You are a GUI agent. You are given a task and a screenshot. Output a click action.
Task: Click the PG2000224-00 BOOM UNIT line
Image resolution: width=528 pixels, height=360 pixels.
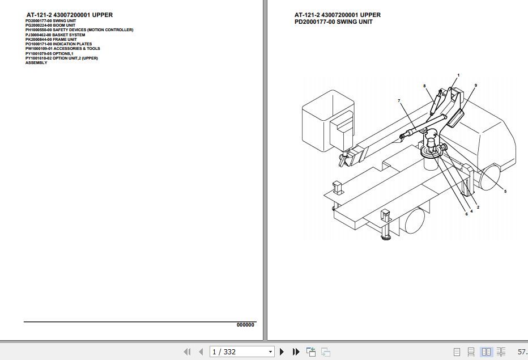pos(50,25)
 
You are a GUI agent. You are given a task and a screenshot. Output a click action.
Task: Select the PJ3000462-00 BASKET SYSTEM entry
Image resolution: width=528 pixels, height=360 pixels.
pos(55,35)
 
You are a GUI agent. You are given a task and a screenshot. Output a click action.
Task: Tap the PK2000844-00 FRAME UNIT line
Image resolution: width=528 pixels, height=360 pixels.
pos(50,39)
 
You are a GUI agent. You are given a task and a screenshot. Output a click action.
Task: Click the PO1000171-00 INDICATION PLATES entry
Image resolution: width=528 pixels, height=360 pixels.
pos(58,44)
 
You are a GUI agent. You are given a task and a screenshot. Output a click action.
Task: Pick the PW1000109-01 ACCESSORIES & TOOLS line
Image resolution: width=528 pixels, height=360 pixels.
pos(62,49)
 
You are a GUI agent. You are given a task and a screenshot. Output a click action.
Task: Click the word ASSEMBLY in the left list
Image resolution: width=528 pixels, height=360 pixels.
pos(36,63)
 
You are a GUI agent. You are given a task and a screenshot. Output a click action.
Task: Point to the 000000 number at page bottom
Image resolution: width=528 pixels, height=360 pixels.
pos(245,325)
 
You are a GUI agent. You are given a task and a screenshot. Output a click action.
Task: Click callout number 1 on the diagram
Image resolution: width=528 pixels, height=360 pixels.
pos(458,75)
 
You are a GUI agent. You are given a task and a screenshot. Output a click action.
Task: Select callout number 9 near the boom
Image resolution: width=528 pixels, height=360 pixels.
pos(475,85)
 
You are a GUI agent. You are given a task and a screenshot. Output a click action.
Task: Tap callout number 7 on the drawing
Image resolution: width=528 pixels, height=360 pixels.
pos(399,100)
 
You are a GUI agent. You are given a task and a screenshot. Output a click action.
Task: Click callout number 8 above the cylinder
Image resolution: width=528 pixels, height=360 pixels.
pos(424,86)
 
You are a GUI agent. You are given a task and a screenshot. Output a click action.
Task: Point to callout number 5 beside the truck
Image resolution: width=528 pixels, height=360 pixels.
pos(505,192)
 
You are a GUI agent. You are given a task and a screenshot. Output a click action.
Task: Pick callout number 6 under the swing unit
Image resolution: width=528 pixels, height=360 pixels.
pos(467,214)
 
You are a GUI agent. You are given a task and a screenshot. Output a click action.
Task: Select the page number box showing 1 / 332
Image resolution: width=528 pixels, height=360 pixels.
pos(242,352)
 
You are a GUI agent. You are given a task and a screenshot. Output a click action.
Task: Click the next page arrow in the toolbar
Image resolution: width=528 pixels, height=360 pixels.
pos(282,352)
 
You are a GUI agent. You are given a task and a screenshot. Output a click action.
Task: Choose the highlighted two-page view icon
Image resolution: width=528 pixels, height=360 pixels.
pos(487,352)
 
